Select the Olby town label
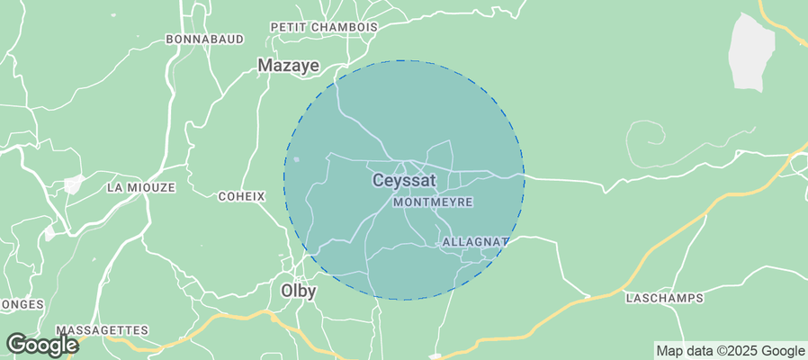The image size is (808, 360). [x=298, y=291]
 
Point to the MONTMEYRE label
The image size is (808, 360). [x=434, y=203]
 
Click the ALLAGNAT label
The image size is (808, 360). [x=473, y=243]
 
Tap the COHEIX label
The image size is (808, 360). [x=242, y=196]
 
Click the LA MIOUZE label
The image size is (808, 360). [x=140, y=188]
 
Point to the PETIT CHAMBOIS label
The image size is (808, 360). [x=324, y=27]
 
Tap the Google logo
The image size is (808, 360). [x=42, y=345]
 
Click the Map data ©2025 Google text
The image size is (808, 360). [x=730, y=351]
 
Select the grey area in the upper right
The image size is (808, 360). [x=751, y=51]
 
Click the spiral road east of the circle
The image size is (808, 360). [x=646, y=139]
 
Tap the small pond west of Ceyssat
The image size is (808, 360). [x=296, y=161]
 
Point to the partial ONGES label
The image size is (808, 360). [x=22, y=305]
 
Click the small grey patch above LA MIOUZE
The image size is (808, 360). [x=72, y=184]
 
